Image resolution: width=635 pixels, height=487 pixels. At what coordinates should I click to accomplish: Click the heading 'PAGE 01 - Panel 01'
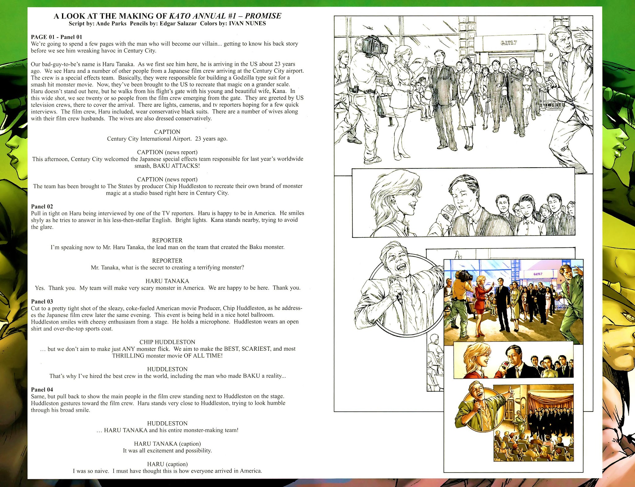56,37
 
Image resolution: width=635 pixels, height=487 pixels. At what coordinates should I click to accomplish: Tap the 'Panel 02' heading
42,206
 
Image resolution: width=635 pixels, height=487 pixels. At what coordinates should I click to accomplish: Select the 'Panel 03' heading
42,301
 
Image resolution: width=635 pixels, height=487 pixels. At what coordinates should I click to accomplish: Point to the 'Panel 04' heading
42,389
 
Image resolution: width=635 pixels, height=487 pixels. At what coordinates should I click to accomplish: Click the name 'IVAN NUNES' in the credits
247,24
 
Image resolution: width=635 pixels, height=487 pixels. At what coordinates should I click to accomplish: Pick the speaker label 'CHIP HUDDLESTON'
167,342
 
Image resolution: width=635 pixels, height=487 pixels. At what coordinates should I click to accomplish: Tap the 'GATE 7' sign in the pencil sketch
508,43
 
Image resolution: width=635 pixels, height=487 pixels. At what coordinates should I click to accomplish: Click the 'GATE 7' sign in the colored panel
538,274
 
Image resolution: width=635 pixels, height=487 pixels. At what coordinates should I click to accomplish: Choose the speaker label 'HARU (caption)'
167,464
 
